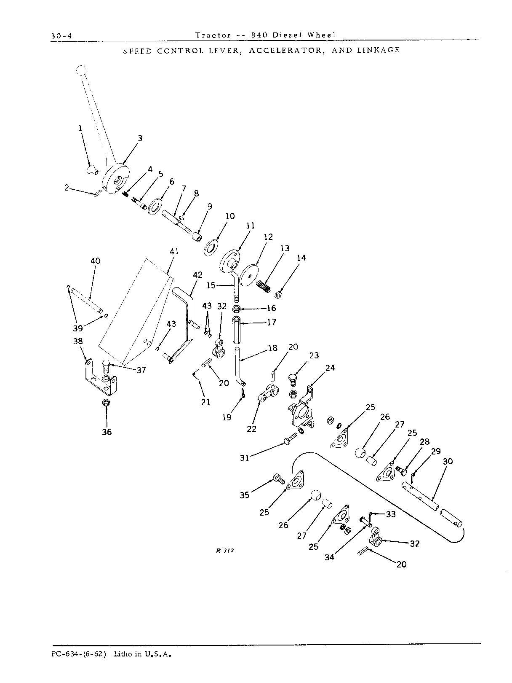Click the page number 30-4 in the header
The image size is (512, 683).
point(61,36)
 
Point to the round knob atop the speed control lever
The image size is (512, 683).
point(81,70)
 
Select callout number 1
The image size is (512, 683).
point(80,128)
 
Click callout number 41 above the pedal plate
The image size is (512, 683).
point(174,251)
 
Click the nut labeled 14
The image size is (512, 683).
point(278,294)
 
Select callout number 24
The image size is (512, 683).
point(330,368)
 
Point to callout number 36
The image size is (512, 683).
point(107,432)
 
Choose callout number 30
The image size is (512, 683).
point(448,461)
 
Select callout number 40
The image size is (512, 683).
point(96,261)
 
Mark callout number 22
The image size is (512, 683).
point(252,429)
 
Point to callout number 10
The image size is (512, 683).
point(230,216)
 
